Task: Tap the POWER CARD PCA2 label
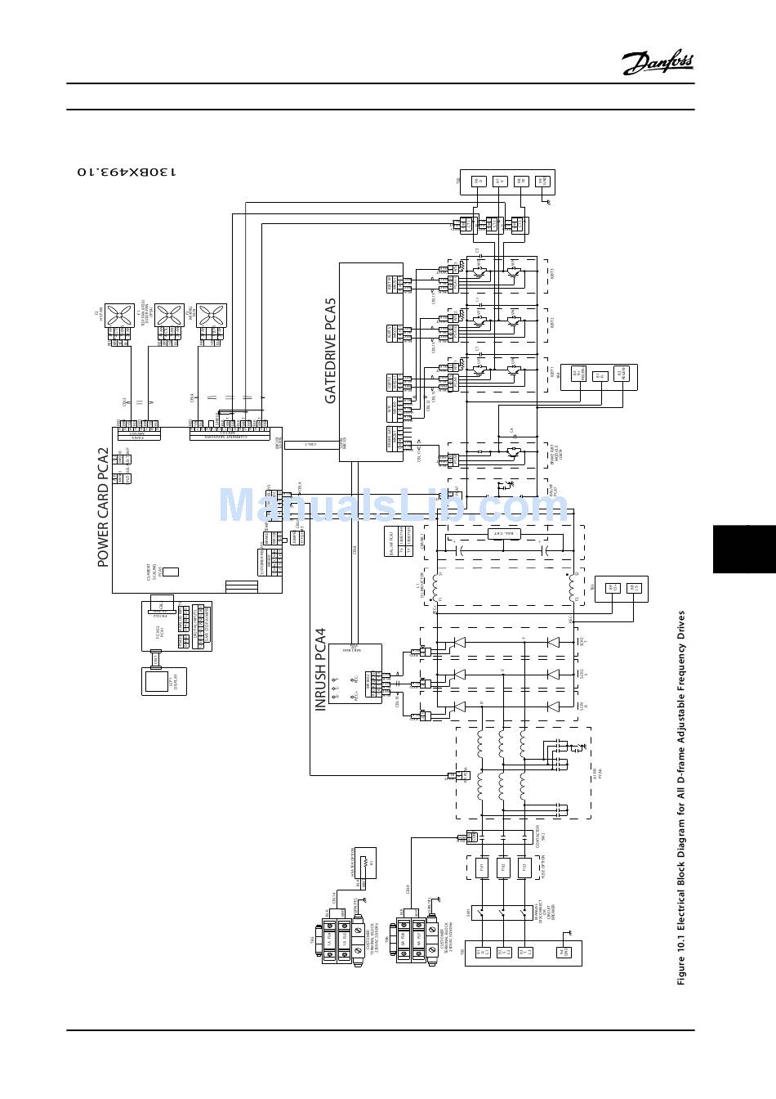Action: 104,507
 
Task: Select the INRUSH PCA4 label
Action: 321,669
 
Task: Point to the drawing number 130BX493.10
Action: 126,172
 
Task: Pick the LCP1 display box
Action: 164,680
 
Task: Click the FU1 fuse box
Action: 483,868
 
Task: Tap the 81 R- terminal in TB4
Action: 599,377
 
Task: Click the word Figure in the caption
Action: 680,969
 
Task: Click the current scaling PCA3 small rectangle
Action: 172,572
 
